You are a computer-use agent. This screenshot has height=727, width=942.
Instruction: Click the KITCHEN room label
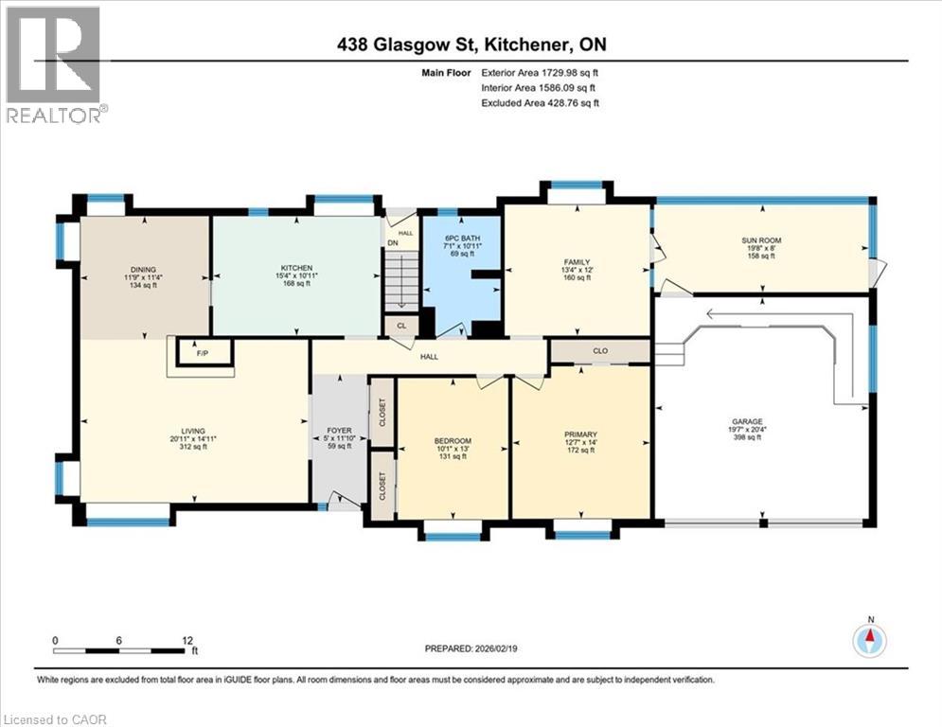click(296, 268)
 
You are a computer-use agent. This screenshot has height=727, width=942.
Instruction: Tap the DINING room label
click(143, 268)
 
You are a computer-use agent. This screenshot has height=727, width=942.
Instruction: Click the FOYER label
click(339, 429)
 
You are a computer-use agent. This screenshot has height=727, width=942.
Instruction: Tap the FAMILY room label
click(577, 262)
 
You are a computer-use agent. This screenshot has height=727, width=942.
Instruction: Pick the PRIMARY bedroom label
click(580, 434)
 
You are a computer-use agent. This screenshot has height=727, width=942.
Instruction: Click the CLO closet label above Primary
click(599, 350)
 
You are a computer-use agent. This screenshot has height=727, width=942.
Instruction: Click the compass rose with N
click(870, 640)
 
